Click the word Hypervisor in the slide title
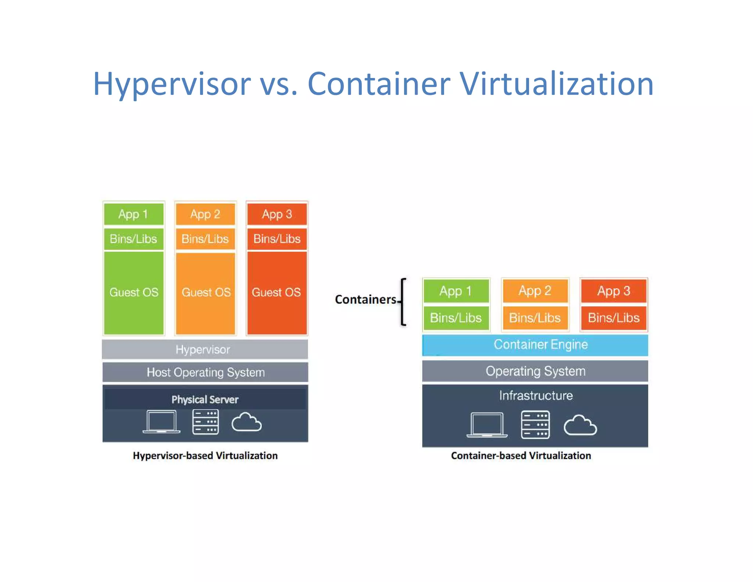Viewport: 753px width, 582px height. click(172, 84)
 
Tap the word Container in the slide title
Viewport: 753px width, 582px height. click(379, 84)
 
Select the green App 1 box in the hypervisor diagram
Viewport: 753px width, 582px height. click(133, 214)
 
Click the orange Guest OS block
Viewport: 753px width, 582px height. click(206, 293)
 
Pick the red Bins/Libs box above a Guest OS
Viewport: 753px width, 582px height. click(277, 239)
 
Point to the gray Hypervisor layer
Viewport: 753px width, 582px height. click(205, 349)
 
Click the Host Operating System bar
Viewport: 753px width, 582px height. click(205, 372)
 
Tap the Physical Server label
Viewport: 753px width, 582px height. click(205, 400)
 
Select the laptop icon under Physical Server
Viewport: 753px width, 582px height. click(161, 422)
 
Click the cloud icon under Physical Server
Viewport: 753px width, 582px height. click(246, 422)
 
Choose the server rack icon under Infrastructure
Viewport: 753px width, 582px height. click(535, 425)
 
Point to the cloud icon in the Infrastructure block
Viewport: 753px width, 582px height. click(580, 426)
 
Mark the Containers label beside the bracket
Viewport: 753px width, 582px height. click(365, 299)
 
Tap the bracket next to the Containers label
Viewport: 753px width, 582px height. click(403, 302)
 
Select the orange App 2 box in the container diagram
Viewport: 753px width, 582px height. click(535, 291)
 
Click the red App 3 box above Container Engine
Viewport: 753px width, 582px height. click(614, 291)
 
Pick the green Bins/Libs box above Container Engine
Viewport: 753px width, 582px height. click(456, 318)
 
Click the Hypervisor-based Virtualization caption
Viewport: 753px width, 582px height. click(205, 456)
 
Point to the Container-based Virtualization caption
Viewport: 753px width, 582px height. click(521, 456)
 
